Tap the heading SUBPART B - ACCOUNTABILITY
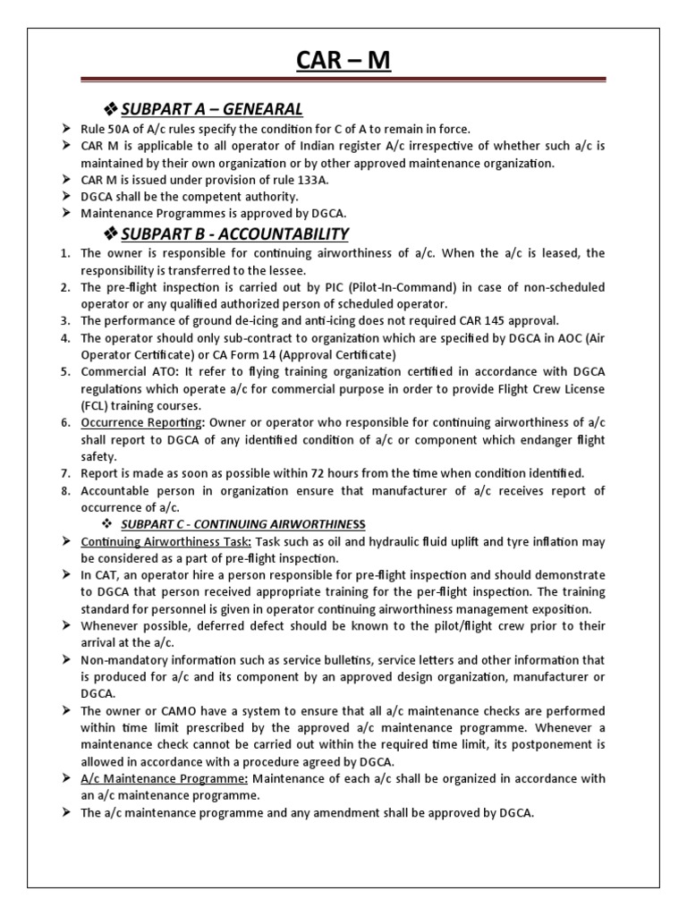(234, 234)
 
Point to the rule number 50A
(124, 130)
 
